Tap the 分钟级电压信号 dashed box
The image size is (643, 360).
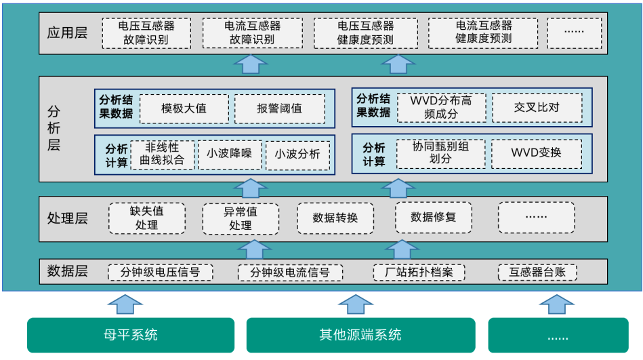tap(160, 273)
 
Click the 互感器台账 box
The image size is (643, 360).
tap(538, 273)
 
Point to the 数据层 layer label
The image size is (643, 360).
tap(68, 272)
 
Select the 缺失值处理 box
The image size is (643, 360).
tap(147, 218)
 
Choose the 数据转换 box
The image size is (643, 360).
tap(335, 218)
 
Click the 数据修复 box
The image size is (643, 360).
tap(434, 217)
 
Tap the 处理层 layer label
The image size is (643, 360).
tap(68, 218)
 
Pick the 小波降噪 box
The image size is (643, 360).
tap(229, 154)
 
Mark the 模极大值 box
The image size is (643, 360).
tap(184, 108)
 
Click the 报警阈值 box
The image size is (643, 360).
tap(279, 108)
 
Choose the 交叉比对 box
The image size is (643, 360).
tap(537, 107)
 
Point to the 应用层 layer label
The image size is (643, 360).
tap(68, 33)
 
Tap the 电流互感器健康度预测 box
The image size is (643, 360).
tap(484, 33)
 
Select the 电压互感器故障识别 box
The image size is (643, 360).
tap(146, 33)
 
